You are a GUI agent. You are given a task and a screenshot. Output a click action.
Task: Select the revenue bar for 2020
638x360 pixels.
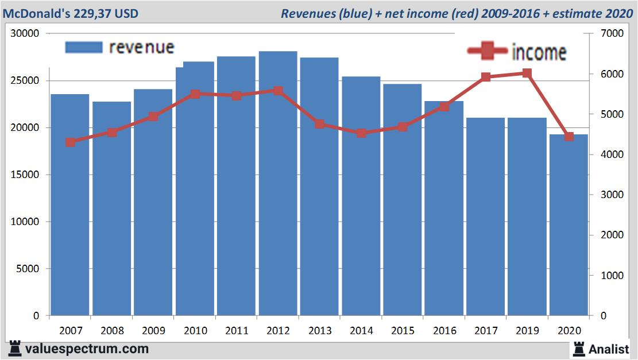pos(569,230)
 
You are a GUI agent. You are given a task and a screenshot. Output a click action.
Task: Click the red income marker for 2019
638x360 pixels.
pos(527,73)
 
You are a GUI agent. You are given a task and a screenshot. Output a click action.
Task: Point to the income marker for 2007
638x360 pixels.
pos(71,142)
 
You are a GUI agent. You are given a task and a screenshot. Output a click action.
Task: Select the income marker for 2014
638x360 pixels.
pos(361,133)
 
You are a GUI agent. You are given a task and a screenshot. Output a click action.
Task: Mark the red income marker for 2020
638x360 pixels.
pos(569,137)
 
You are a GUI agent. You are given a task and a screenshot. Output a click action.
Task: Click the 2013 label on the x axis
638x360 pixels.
pos(320,331)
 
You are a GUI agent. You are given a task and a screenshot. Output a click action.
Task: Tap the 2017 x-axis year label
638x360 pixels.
pos(486,331)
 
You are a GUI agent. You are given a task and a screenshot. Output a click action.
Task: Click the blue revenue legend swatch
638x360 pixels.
pos(83,47)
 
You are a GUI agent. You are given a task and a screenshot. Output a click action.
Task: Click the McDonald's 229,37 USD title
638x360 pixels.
pos(71,13)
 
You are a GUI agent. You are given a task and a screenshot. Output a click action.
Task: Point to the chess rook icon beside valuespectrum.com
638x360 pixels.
pos(15,349)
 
